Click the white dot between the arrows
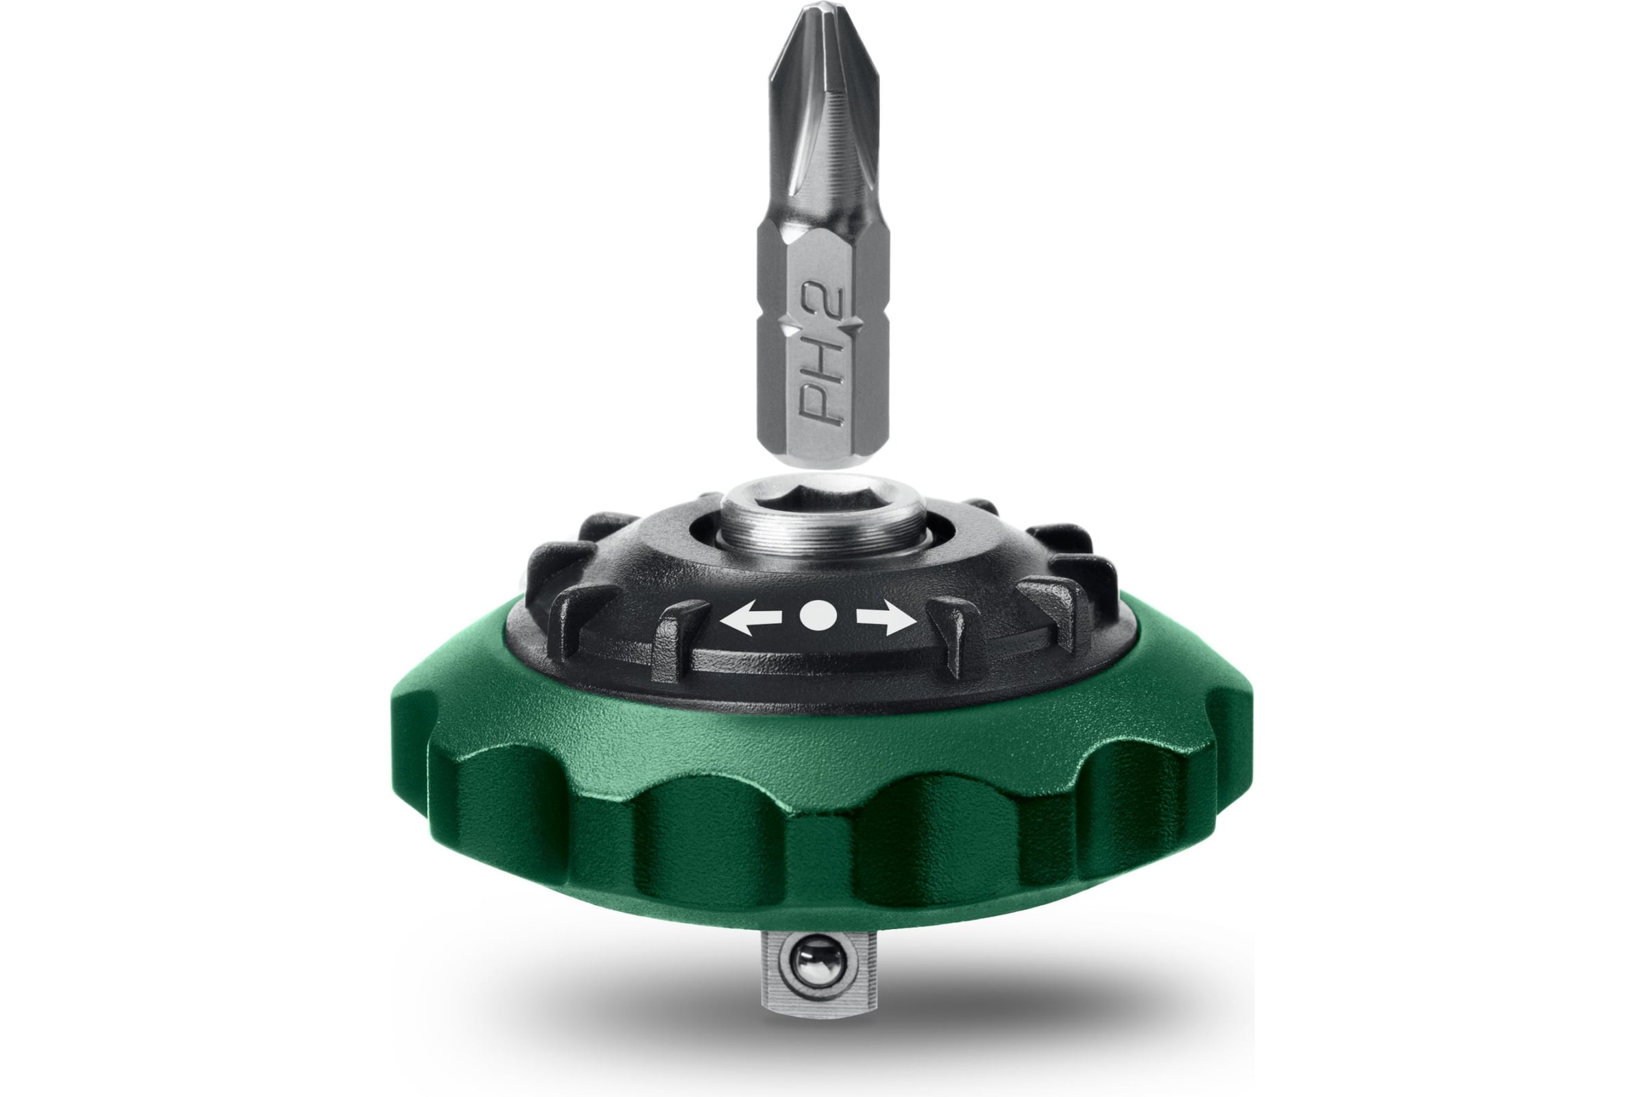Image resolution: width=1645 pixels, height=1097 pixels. [818, 614]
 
